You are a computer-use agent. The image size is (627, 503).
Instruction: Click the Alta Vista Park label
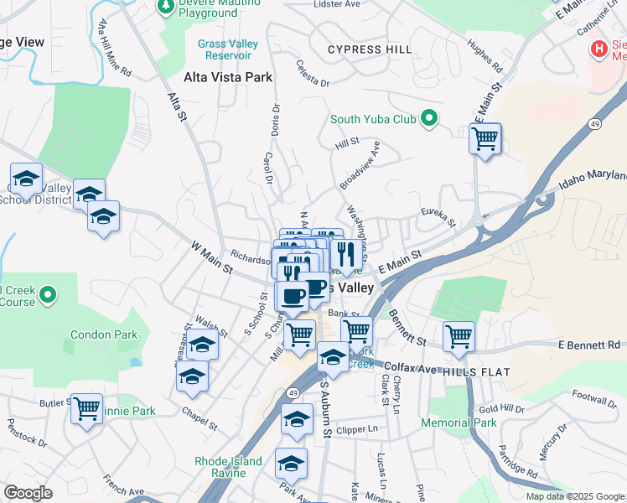pos(228,77)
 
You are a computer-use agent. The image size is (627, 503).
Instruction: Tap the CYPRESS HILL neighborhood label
pos(370,49)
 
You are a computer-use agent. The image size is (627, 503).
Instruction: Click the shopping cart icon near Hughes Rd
pos(484,140)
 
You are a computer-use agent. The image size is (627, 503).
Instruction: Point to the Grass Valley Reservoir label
pos(224,49)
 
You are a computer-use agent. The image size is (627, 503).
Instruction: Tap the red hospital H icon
pos(598,49)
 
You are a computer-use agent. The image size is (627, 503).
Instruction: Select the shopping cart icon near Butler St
pos(87,410)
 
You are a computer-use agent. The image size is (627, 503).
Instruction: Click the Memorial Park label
pos(459,423)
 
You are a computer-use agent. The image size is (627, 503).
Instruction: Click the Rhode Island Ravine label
pos(228,468)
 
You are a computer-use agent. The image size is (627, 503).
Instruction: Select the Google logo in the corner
pos(28,493)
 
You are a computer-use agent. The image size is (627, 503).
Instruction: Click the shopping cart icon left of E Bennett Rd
pos(459,338)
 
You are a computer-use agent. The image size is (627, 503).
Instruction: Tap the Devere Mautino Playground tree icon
pos(166,6)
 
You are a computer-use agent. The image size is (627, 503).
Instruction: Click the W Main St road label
pos(210,255)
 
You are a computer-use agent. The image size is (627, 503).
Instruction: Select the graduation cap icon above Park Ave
pos(291,463)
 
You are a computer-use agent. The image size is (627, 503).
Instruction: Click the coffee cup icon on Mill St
pos(293,296)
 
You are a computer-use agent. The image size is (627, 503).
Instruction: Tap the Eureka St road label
pos(438,217)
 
